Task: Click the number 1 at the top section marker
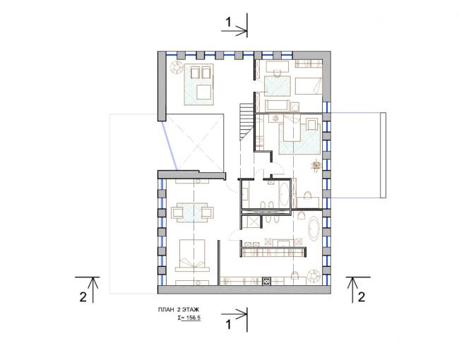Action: pyautogui.click(x=228, y=22)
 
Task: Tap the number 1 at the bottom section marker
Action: pyautogui.click(x=228, y=325)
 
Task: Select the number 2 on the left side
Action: pyautogui.click(x=83, y=296)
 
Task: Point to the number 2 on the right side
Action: pyautogui.click(x=362, y=296)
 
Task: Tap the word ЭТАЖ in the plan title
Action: pyautogui.click(x=191, y=310)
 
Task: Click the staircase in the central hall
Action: pyautogui.click(x=246, y=121)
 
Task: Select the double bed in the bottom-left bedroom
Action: pyautogui.click(x=192, y=256)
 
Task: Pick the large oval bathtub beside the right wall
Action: pyautogui.click(x=314, y=229)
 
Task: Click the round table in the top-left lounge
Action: pyautogui.click(x=177, y=67)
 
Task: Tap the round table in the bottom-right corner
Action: pyautogui.click(x=314, y=276)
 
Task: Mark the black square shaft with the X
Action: pyautogui.click(x=266, y=282)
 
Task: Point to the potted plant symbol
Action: pyautogui.click(x=316, y=165)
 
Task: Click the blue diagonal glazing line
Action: pyautogui.click(x=169, y=145)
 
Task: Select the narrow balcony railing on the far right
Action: pyautogui.click(x=383, y=155)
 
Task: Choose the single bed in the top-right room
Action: pyautogui.click(x=309, y=85)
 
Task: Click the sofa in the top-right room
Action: pyautogui.click(x=278, y=105)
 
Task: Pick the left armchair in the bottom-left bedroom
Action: pyautogui.click(x=177, y=212)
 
